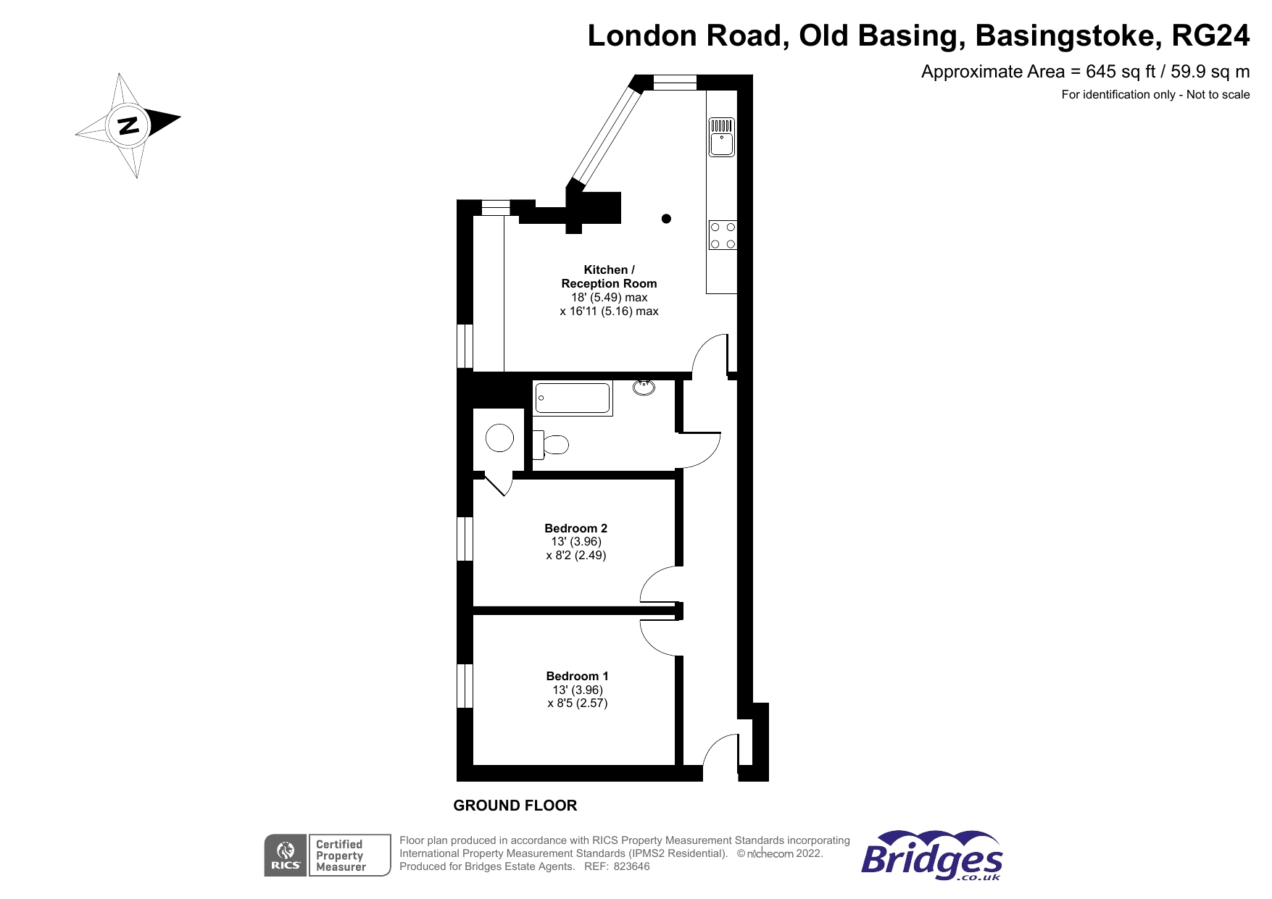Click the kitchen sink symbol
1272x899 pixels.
[721, 137]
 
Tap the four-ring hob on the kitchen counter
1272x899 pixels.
[723, 235]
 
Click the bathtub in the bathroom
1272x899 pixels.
[573, 398]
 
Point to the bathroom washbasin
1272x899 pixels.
[644, 388]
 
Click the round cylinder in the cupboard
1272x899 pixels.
[499, 438]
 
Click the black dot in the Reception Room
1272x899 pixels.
[666, 219]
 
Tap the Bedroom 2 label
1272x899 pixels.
[575, 528]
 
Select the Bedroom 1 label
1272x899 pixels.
[577, 676]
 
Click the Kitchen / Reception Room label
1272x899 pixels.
[609, 277]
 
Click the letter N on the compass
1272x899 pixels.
[128, 126]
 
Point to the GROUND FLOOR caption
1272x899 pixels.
[515, 806]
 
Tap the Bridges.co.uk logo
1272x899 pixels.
[931, 856]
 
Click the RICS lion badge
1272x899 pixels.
[286, 856]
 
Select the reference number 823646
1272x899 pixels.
[631, 866]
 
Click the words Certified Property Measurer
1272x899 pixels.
[341, 856]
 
